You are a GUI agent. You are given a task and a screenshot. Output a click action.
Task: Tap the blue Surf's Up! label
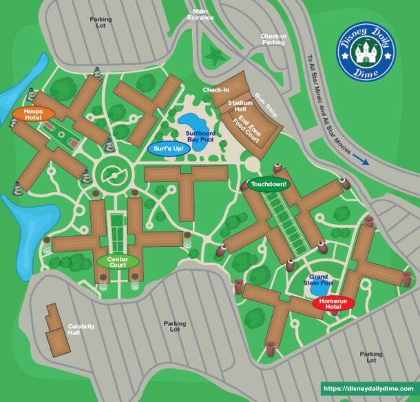coord(167,148)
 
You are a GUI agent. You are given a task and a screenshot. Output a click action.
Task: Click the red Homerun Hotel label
coord(333,303)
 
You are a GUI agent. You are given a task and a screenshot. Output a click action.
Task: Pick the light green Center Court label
coord(118,261)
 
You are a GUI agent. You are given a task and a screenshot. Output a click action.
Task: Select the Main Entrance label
coord(200,14)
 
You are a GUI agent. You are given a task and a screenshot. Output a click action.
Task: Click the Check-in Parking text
coord(273,39)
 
